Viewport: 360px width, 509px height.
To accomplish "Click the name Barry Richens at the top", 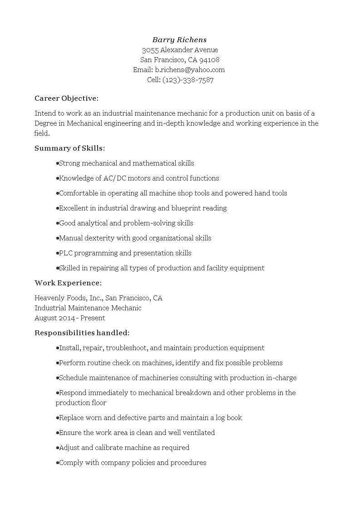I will (x=179, y=40).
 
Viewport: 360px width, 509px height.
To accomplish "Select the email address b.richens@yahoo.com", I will (x=190, y=70).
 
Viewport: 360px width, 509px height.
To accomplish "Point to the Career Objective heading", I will (x=66, y=98).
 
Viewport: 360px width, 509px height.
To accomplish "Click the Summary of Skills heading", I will (x=70, y=148).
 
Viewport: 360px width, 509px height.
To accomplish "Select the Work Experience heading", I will (x=68, y=283).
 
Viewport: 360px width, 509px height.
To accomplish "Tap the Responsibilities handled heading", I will (x=82, y=333).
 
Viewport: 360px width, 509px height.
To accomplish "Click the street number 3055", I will (x=150, y=50).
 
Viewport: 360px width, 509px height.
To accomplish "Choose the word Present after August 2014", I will (x=93, y=318).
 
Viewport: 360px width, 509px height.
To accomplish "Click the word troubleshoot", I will (x=127, y=348).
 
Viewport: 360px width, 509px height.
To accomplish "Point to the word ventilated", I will (x=197, y=433).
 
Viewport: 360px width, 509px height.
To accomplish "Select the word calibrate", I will (x=111, y=448).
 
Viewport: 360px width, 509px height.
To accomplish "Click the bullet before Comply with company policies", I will (x=57, y=463).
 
